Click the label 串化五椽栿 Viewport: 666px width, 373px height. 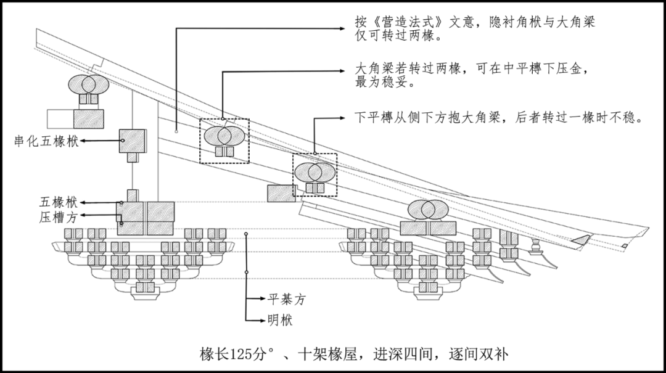pyautogui.click(x=46, y=141)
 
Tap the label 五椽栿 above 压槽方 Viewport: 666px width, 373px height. pyautogui.click(x=59, y=202)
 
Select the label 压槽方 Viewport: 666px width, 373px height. pyautogui.click(x=59, y=216)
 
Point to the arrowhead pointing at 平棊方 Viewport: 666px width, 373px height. pyautogui.click(x=260, y=299)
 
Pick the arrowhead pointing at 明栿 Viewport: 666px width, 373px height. pyautogui.click(x=260, y=320)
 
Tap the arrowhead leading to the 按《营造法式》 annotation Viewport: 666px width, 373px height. pyautogui.click(x=343, y=28)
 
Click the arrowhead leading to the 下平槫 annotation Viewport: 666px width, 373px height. pyautogui.click(x=343, y=117)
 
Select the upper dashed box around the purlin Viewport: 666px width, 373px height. pyautogui.click(x=224, y=141)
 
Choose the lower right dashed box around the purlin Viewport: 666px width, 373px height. pyautogui.click(x=314, y=174)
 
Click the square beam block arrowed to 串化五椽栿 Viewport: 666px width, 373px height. pyautogui.click(x=132, y=141)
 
